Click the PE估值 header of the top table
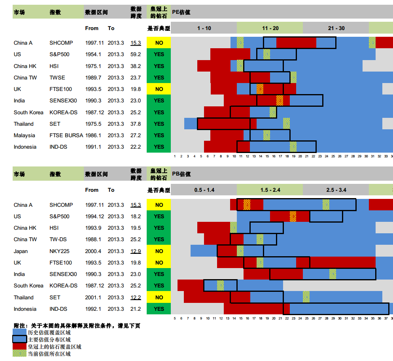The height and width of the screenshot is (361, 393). (x=181, y=12)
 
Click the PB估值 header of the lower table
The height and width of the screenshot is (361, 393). (x=181, y=174)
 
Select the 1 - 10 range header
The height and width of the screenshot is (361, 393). (x=204, y=28)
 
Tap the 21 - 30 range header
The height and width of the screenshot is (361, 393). (x=336, y=28)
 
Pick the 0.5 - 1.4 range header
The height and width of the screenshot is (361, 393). (x=204, y=190)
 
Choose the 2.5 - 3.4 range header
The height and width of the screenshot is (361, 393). (x=336, y=190)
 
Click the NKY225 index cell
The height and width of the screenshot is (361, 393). (x=60, y=251)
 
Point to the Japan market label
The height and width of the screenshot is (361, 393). (x=21, y=251)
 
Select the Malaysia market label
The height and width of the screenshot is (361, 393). (x=24, y=135)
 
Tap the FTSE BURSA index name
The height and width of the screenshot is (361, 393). (x=66, y=135)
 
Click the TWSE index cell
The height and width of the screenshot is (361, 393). (x=57, y=77)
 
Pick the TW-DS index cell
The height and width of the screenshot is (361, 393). (x=59, y=239)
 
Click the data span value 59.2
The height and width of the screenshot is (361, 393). (x=136, y=54)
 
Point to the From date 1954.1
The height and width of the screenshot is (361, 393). (x=93, y=54)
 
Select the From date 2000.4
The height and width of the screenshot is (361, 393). (x=93, y=251)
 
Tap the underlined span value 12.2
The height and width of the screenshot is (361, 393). (x=136, y=297)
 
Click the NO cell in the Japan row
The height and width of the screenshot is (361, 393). (x=159, y=251)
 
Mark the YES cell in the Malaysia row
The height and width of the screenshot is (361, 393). (x=159, y=135)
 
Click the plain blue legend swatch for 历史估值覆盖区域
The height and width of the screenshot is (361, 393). (x=19, y=333)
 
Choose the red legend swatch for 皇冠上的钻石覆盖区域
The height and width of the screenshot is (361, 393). (x=19, y=347)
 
